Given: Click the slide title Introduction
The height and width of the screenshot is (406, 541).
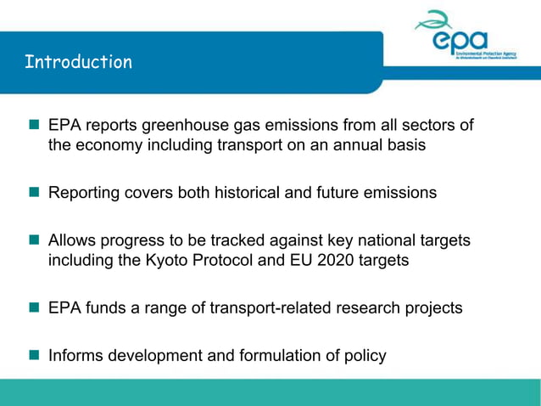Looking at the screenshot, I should click(x=78, y=62).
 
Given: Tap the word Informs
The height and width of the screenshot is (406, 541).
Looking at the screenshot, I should click(x=77, y=355).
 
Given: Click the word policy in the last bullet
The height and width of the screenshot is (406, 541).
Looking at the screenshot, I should click(x=365, y=355).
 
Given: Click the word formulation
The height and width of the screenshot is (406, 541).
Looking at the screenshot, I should click(x=287, y=355).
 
